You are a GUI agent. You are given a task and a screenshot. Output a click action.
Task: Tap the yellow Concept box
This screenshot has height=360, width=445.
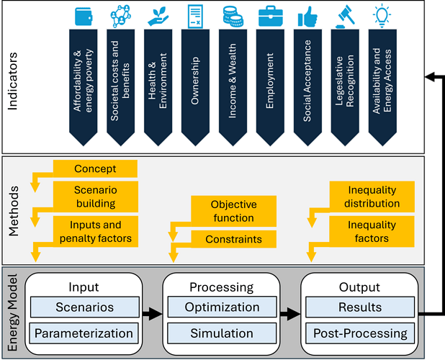(x=95, y=168)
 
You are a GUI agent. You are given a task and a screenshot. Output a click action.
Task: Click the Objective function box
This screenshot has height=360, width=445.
(x=233, y=211)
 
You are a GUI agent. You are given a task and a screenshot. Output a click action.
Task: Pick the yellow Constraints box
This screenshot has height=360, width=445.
(x=233, y=239)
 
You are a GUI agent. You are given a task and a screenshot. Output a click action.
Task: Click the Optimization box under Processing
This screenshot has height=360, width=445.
(x=222, y=307)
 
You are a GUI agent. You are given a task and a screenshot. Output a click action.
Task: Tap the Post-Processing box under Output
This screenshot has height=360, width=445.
(x=360, y=333)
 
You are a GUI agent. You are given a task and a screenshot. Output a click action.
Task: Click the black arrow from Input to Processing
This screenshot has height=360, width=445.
(x=151, y=314)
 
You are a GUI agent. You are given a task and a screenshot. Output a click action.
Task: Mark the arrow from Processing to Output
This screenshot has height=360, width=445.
(x=289, y=314)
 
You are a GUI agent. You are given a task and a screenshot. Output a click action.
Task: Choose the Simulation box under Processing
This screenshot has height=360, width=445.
(x=222, y=333)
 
